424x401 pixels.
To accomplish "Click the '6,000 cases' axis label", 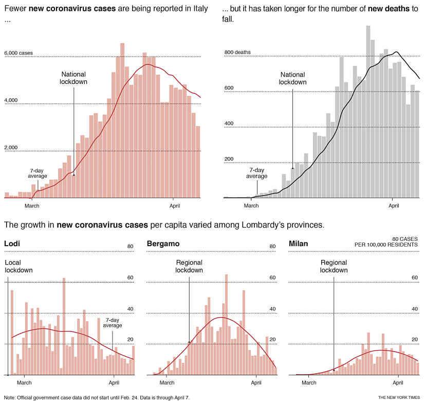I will [x=18, y=53].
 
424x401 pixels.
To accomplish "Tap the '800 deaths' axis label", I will [x=237, y=53].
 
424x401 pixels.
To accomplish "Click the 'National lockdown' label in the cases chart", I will [x=73, y=78].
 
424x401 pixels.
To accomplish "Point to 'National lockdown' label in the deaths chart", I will [x=292, y=78].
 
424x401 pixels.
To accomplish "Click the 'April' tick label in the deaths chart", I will [x=394, y=206].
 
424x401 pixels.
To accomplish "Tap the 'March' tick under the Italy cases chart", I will [x=32, y=206].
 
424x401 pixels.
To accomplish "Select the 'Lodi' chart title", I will [x=12, y=243].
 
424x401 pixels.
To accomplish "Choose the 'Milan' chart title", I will [x=299, y=243].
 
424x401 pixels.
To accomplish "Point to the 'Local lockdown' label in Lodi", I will [x=19, y=266].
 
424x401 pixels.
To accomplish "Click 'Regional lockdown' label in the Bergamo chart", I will [x=189, y=266].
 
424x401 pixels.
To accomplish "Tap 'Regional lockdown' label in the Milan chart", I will [x=334, y=266].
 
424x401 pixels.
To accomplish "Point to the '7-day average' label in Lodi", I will [x=113, y=322].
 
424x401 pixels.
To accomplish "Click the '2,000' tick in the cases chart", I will [x=12, y=148].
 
